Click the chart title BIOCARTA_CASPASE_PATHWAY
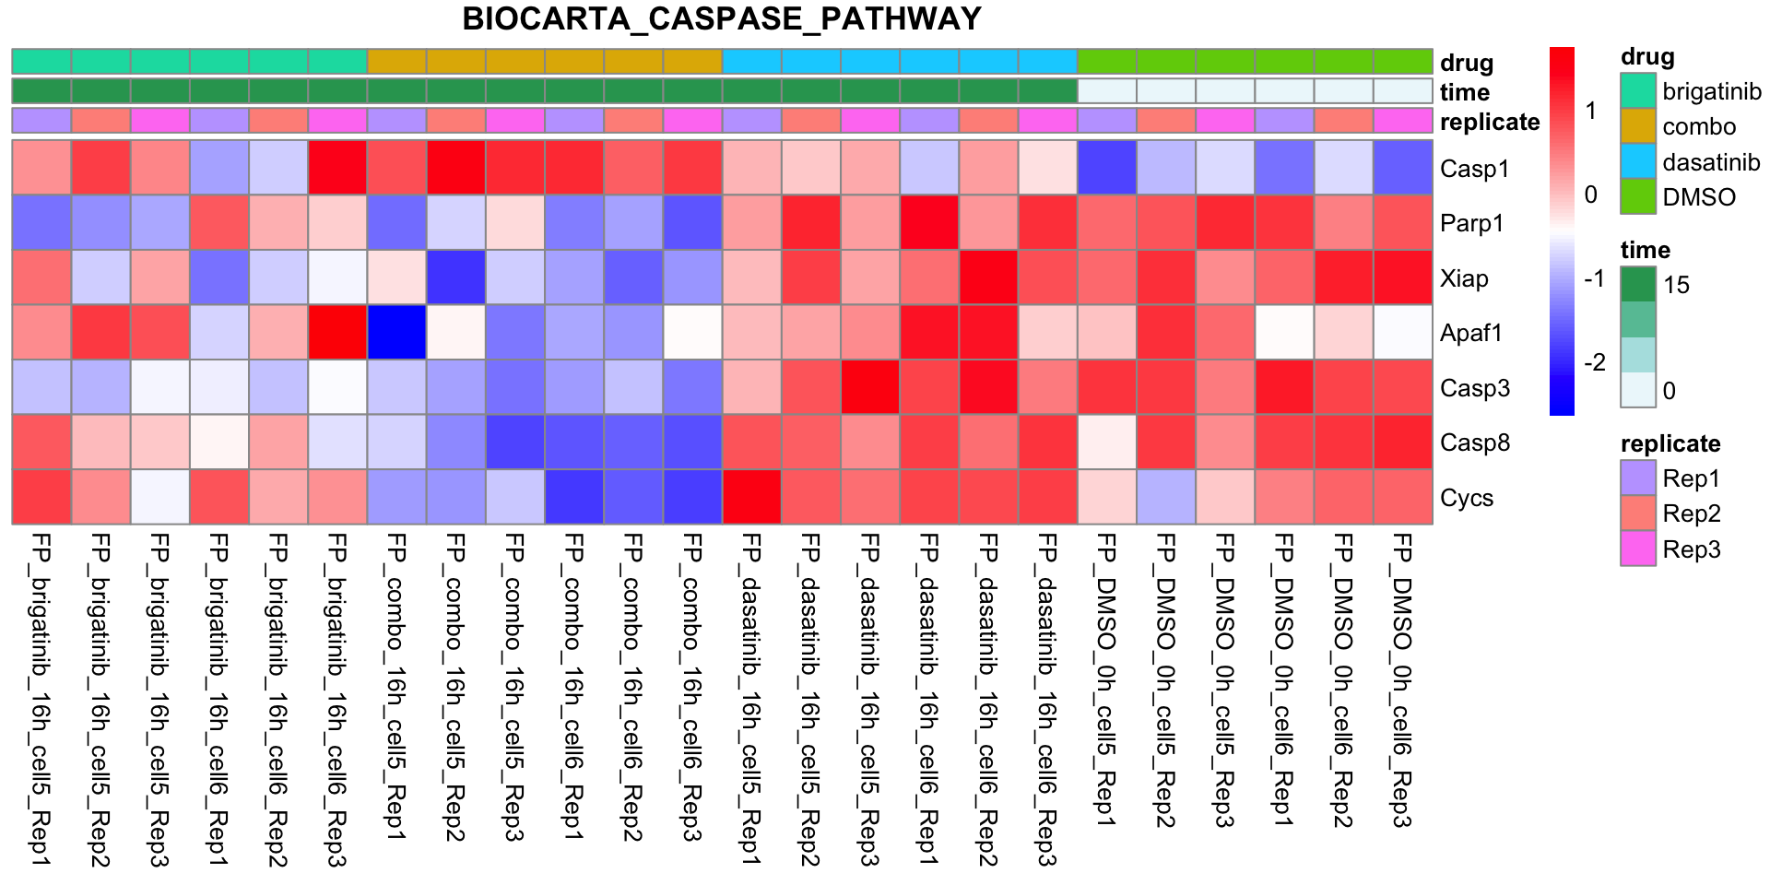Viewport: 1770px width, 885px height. click(722, 19)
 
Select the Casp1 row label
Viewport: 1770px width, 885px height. click(1474, 169)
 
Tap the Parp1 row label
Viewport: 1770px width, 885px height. click(1472, 223)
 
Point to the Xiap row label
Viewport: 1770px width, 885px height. click(1464, 278)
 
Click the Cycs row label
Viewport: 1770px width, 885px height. click(1467, 498)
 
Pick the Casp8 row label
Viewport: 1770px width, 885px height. click(1475, 442)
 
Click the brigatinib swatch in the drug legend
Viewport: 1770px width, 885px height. click(1638, 91)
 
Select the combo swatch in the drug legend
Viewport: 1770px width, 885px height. click(1638, 126)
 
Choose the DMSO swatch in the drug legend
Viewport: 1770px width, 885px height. click(1638, 196)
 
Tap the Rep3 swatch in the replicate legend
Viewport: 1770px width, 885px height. click(1638, 549)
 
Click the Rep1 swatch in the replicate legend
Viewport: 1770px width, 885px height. click(1638, 478)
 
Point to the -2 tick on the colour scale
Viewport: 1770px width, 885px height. click(1595, 362)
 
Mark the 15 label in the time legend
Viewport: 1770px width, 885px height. click(1677, 285)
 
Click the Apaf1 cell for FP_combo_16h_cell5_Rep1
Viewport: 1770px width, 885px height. click(396, 333)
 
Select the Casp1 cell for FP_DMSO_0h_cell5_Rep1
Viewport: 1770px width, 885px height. click(1107, 168)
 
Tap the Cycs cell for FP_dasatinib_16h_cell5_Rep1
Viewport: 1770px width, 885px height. click(752, 497)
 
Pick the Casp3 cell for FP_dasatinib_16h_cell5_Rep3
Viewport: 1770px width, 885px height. click(870, 387)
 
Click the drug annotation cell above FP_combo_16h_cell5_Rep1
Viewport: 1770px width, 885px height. click(396, 62)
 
